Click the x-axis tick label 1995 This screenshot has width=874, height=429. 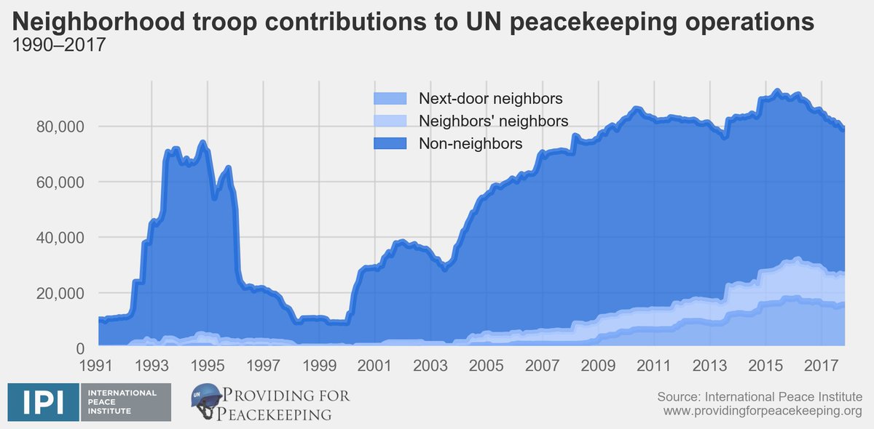pos(208,364)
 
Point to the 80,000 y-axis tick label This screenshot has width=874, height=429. pos(61,127)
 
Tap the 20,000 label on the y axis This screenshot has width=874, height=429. pos(61,293)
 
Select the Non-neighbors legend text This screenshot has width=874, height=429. pos(470,143)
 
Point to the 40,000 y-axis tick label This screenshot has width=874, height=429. pos(61,238)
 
